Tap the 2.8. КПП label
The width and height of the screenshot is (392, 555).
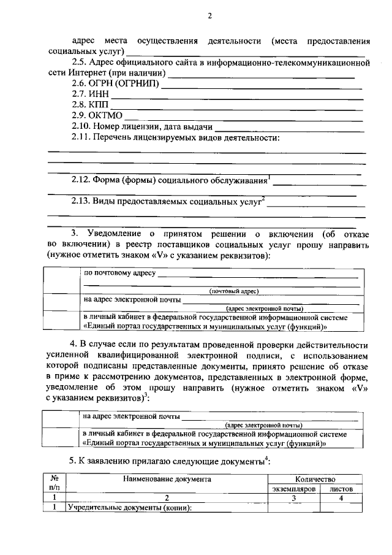coord(86,105)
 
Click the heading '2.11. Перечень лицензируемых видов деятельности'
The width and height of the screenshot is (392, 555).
coord(175,137)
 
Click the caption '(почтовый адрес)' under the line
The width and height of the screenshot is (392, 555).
coord(234,291)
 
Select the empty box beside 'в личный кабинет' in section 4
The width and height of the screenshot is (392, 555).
coord(64,439)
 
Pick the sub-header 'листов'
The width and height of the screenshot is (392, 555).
coord(341,489)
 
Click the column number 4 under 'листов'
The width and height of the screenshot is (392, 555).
coord(341,499)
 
